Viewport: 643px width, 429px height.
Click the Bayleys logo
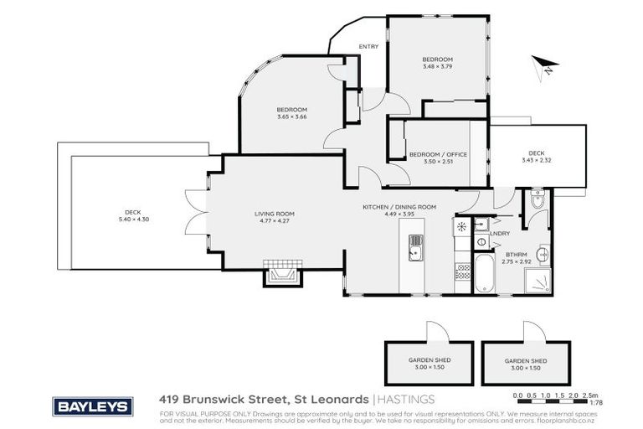pos(94,406)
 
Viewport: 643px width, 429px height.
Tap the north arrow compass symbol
pos(543,66)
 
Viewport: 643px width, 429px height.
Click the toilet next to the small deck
pos(537,201)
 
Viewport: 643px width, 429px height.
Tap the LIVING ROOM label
pos(275,214)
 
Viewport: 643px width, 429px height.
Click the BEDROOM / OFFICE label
pos(438,155)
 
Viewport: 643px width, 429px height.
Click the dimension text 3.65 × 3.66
pos(293,116)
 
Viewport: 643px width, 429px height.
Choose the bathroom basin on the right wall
pos(543,253)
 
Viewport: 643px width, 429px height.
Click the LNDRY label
pos(501,235)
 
